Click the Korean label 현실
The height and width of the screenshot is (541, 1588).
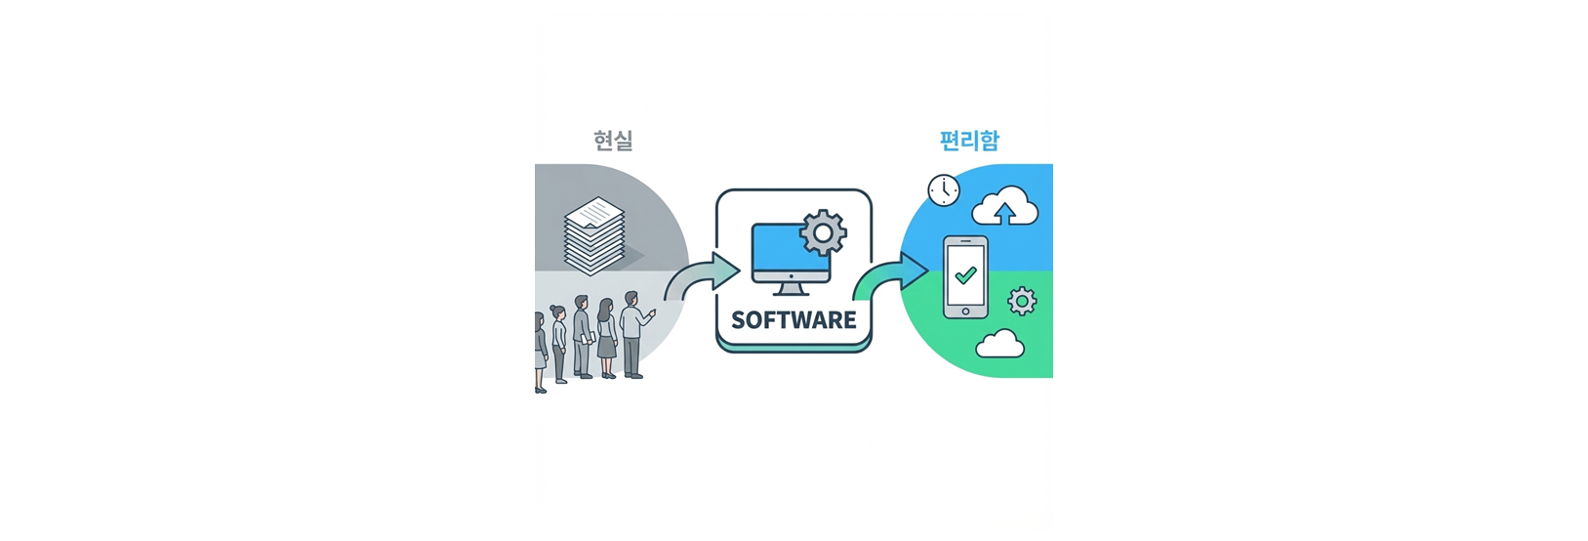(x=613, y=141)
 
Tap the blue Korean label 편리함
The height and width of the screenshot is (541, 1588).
(x=968, y=141)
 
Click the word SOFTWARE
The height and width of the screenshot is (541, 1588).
(x=794, y=320)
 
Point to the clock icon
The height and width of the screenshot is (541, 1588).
(x=944, y=189)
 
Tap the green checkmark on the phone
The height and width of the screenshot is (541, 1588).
(x=965, y=275)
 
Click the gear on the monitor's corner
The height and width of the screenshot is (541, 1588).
(x=823, y=232)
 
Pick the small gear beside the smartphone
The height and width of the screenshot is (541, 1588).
(x=1022, y=301)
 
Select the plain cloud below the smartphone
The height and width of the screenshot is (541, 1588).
(x=999, y=344)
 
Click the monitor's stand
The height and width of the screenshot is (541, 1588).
(x=790, y=289)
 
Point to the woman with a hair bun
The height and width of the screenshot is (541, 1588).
(x=559, y=342)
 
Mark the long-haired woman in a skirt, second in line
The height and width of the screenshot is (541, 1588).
(x=606, y=337)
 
